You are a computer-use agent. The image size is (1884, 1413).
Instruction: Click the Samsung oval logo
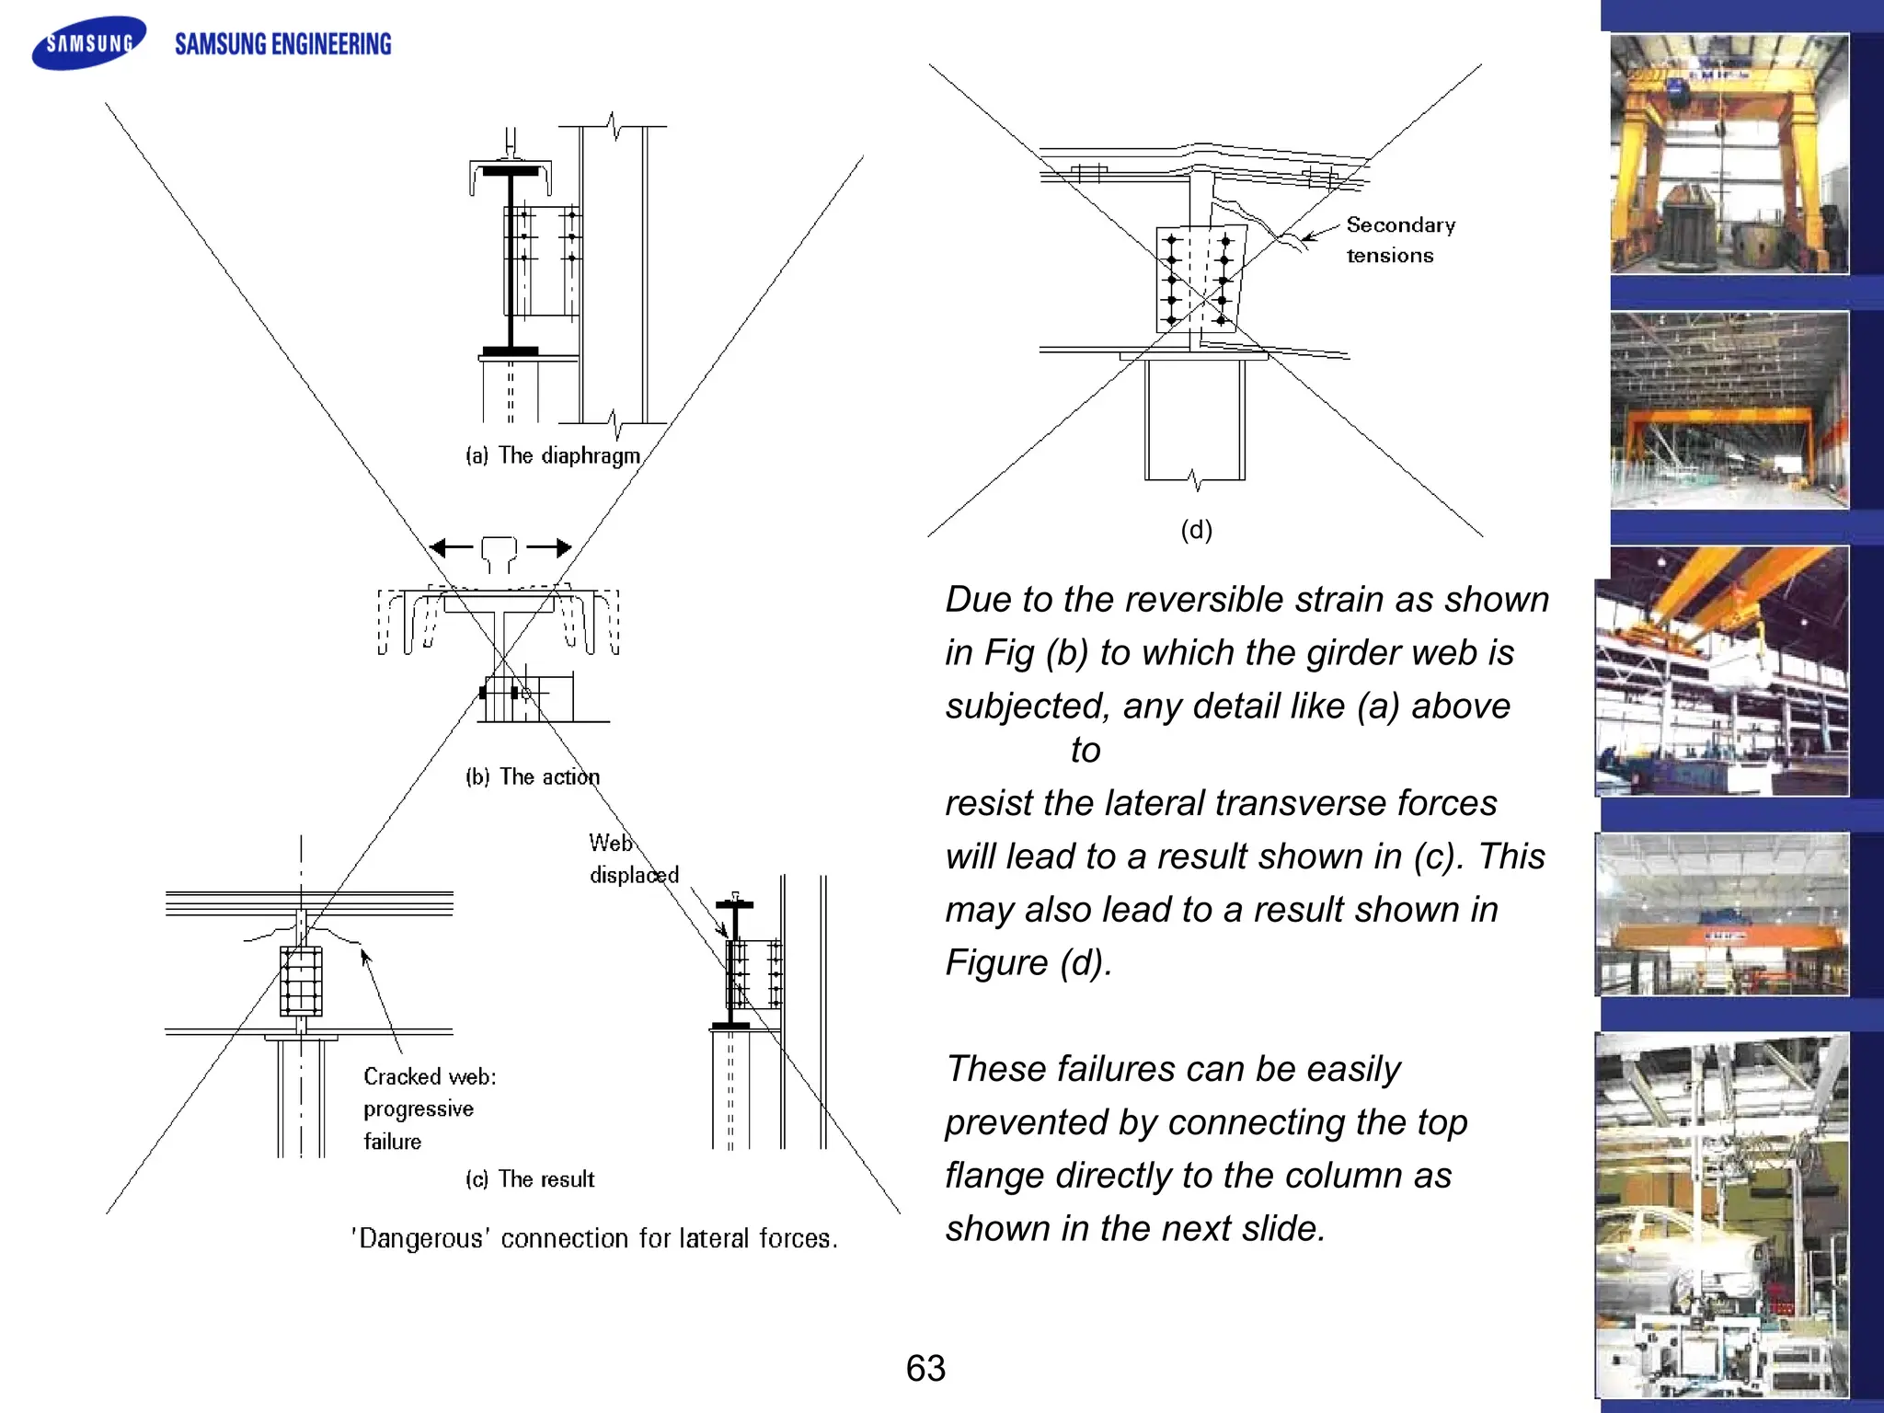tap(89, 42)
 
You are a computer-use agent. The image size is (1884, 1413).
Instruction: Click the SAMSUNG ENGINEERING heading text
tap(282, 44)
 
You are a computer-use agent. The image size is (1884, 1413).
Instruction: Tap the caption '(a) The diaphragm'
tap(552, 455)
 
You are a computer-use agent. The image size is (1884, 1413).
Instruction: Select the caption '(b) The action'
tap(532, 777)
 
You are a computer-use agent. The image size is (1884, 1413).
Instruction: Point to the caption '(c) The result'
tap(530, 1179)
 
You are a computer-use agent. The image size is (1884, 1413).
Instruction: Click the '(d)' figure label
tap(1196, 530)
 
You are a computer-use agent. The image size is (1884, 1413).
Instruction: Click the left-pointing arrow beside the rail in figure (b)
tap(451, 548)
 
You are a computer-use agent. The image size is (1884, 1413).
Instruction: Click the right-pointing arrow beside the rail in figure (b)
tap(550, 548)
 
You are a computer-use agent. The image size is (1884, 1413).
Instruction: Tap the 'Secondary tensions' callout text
tap(1398, 240)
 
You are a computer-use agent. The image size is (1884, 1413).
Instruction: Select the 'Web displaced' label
tap(632, 858)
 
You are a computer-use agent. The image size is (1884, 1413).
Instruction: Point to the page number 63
tap(925, 1369)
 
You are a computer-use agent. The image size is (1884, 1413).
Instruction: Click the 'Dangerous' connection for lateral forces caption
tap(594, 1239)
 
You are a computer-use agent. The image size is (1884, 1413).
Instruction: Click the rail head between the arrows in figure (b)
tap(499, 552)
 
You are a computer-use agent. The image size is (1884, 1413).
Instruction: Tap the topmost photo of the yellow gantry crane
tap(1729, 154)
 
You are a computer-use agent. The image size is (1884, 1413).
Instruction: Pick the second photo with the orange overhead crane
tap(1729, 410)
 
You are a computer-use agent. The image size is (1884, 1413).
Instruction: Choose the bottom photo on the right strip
tap(1721, 1215)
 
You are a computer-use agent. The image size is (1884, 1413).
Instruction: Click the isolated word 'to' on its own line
tap(1086, 751)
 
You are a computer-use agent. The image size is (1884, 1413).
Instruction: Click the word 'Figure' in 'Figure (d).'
tap(996, 963)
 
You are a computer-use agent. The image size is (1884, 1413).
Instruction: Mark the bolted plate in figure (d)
tap(1199, 279)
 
